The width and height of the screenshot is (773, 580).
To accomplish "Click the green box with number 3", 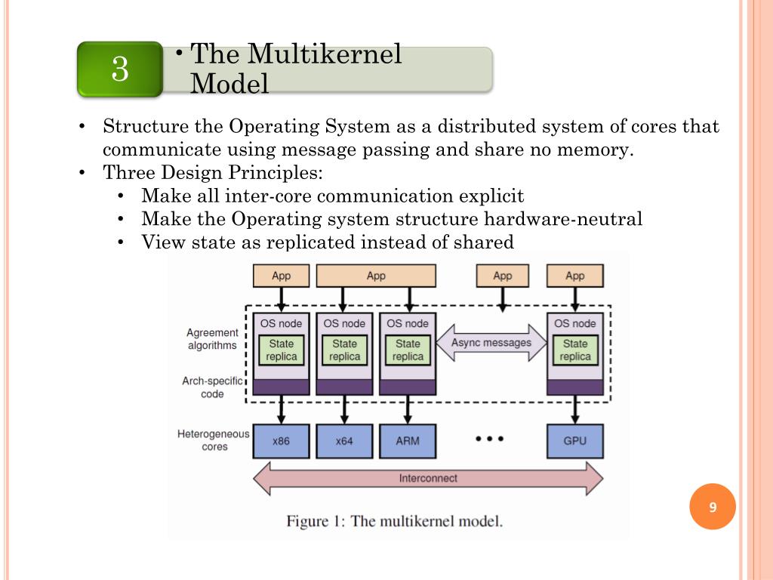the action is [x=120, y=69].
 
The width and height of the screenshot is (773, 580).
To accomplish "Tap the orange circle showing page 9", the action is [x=713, y=507].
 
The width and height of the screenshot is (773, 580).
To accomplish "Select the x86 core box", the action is [x=281, y=441].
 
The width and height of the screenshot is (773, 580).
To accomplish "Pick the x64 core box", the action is [x=344, y=441].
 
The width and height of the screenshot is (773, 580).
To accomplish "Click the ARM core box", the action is [x=408, y=441].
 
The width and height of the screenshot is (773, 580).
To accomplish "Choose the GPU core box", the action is [x=574, y=441].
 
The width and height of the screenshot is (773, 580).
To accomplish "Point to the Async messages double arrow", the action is [x=491, y=343].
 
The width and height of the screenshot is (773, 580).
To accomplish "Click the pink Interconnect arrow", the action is [x=428, y=478].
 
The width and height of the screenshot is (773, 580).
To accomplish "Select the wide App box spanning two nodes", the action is [x=376, y=276].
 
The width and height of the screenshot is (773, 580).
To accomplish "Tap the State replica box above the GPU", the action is [x=574, y=350].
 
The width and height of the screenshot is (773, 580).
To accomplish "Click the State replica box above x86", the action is [x=281, y=350].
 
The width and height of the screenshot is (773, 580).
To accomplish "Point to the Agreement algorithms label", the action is [x=212, y=339].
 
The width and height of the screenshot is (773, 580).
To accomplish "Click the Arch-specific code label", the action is [x=212, y=387].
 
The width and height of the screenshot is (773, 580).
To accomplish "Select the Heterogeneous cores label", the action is [x=214, y=440].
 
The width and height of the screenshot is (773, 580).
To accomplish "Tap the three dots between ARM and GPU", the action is [x=489, y=439].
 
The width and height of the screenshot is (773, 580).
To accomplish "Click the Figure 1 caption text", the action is [x=394, y=521].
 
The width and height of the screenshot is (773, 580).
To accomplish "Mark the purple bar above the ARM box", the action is [x=408, y=387].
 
